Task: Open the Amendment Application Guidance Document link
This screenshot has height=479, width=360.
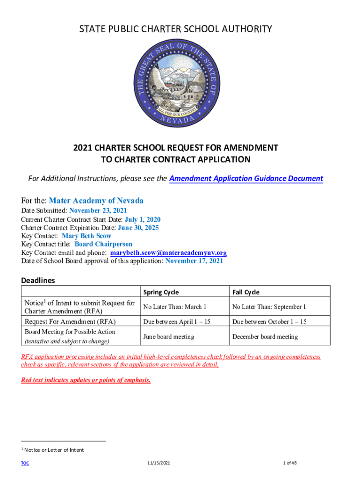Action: (x=246, y=178)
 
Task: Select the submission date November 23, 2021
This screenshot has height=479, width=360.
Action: (x=98, y=211)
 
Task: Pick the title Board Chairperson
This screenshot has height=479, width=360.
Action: (x=103, y=244)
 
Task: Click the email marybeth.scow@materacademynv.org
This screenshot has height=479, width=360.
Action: (x=168, y=253)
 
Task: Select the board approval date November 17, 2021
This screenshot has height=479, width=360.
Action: (x=194, y=261)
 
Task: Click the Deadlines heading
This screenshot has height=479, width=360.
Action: (x=38, y=280)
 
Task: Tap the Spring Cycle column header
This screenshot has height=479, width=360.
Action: (x=161, y=292)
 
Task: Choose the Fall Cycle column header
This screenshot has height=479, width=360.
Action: (x=245, y=292)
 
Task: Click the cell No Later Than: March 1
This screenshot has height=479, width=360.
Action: (x=174, y=307)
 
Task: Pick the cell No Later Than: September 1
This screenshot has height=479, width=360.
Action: (x=269, y=307)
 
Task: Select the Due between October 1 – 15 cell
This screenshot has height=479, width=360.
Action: (x=269, y=322)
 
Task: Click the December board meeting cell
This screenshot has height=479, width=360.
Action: (x=265, y=337)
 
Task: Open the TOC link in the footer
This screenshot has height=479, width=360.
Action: (x=25, y=463)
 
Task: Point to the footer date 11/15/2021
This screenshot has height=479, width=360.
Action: (x=158, y=463)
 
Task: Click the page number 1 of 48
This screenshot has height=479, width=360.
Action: (x=290, y=463)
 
